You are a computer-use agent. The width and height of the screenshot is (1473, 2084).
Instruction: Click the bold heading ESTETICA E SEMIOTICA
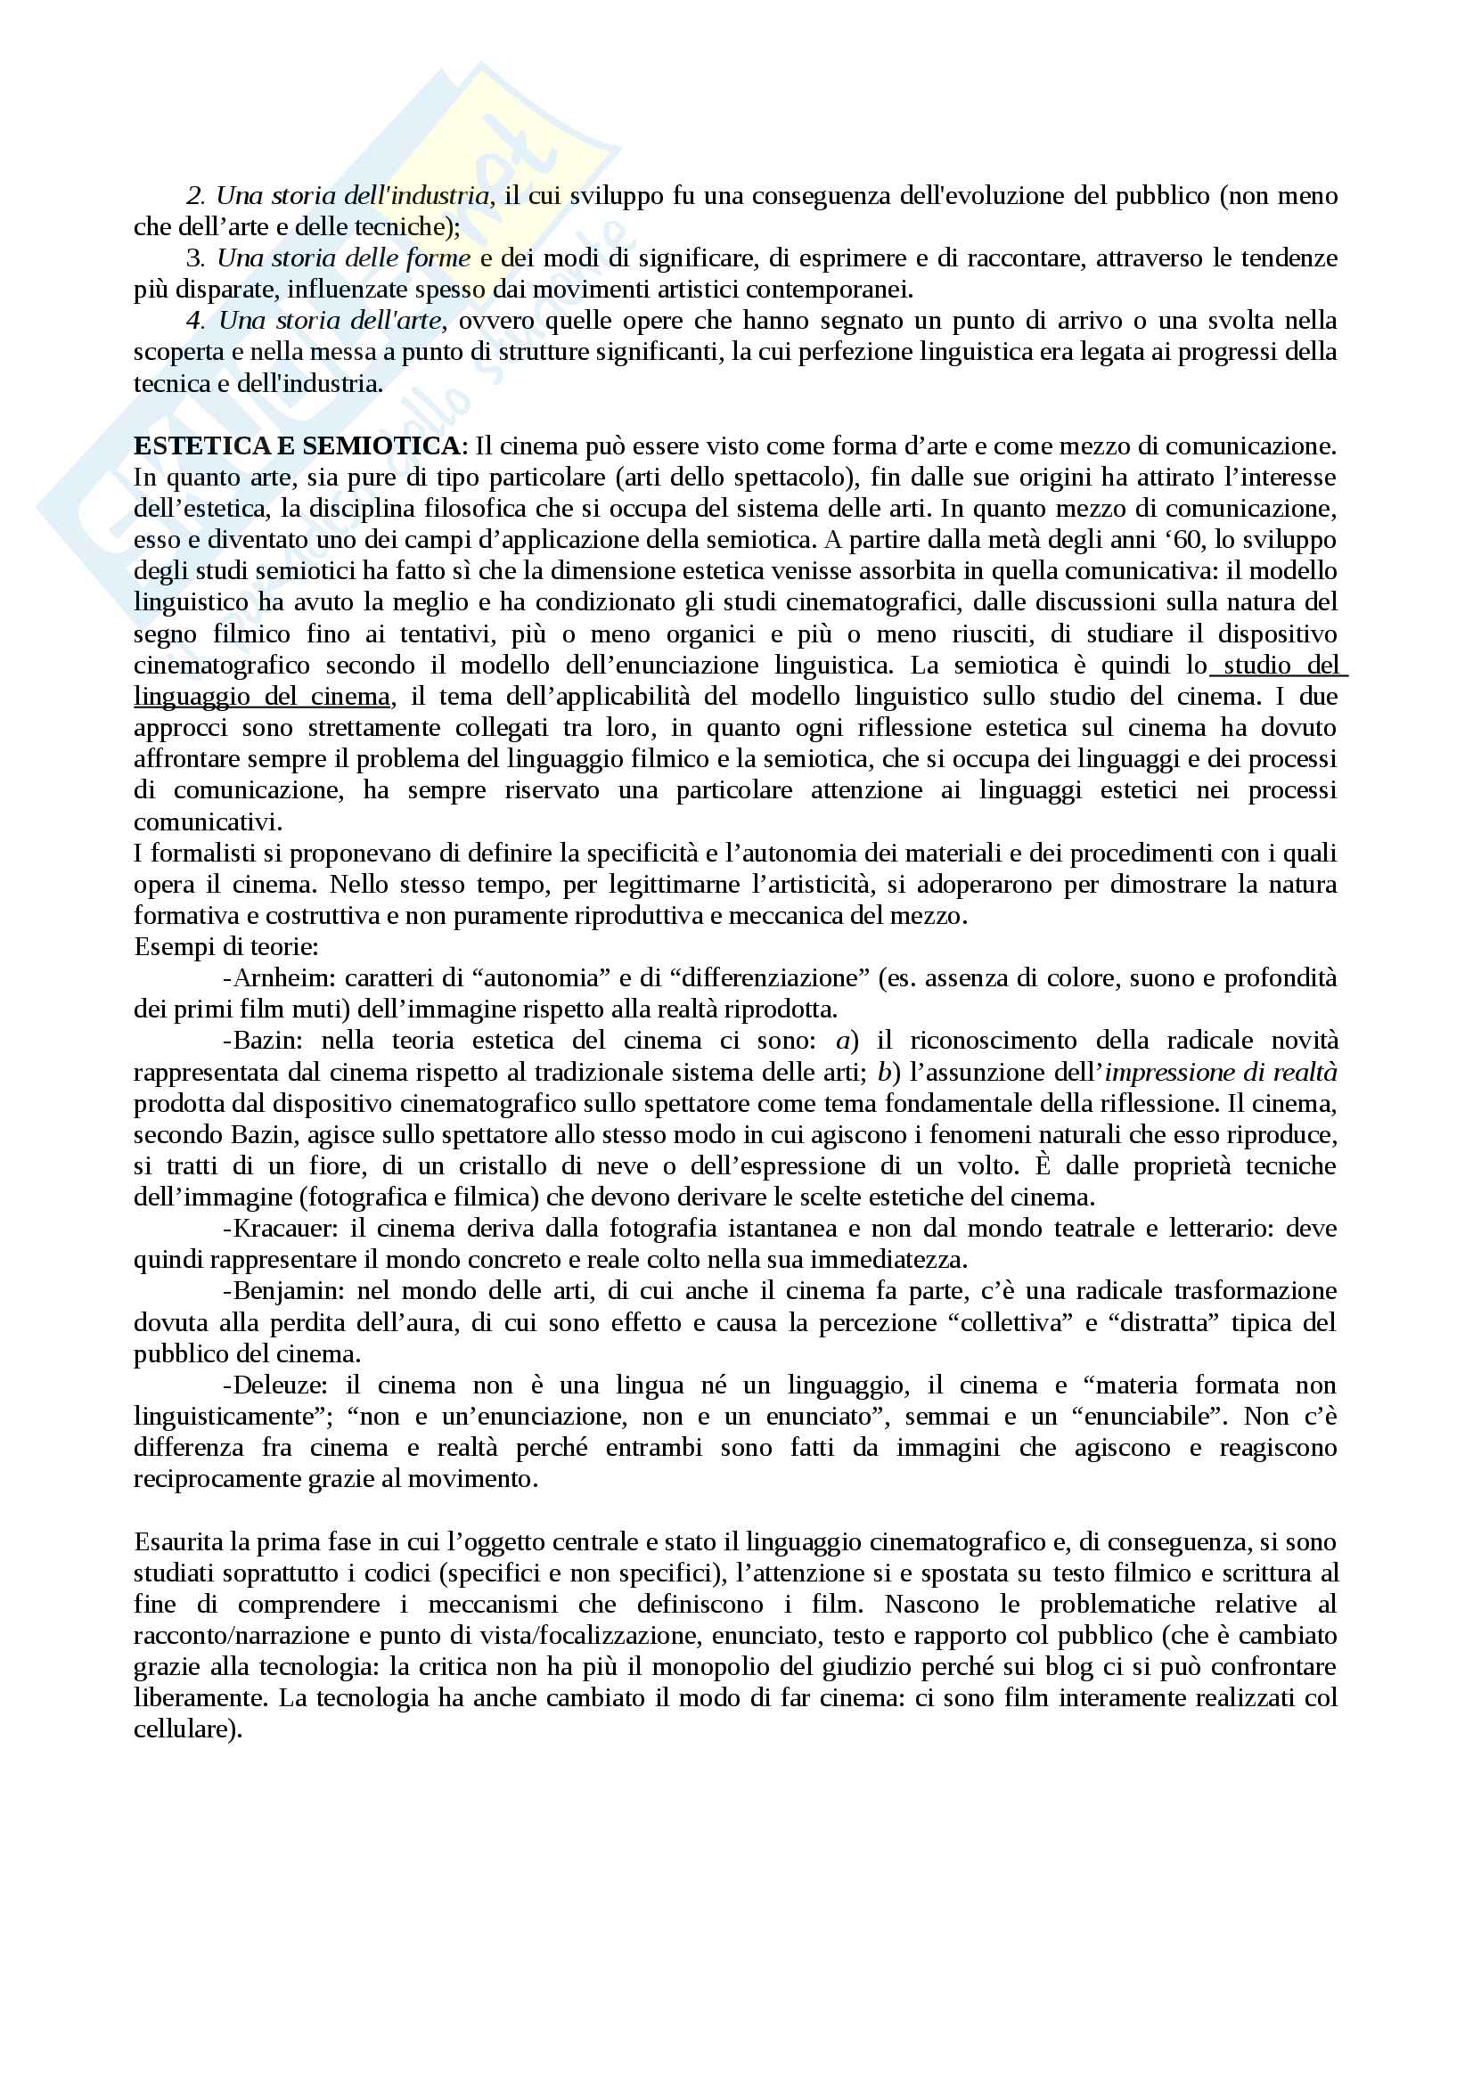click(297, 446)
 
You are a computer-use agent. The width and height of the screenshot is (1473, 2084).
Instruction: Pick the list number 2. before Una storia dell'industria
click(195, 196)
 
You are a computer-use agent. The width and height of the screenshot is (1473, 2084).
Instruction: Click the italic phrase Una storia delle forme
click(344, 258)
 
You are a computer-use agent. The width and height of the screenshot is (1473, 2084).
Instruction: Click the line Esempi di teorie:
click(226, 948)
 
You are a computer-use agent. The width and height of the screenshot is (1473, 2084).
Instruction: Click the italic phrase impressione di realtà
click(1221, 1073)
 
